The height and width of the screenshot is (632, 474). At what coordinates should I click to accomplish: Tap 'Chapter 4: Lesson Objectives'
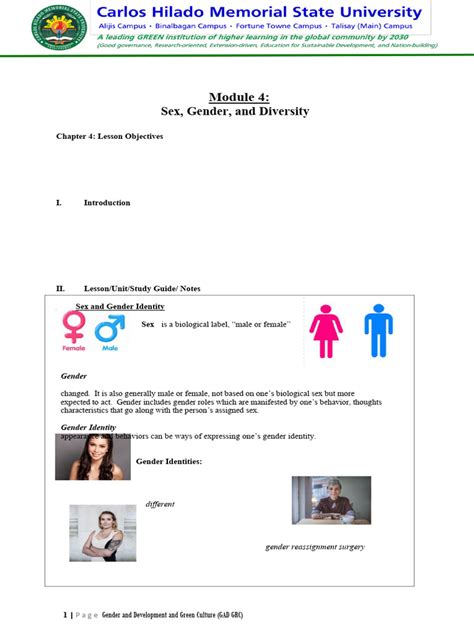click(109, 136)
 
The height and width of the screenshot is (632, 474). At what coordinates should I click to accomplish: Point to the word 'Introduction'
click(107, 203)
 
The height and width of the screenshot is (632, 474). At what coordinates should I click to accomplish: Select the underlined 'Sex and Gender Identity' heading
click(120, 306)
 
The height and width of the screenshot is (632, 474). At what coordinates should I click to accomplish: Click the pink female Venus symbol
click(74, 328)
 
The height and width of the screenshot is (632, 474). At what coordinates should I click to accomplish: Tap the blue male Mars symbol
click(108, 330)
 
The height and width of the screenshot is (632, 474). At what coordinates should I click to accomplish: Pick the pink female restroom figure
click(326, 331)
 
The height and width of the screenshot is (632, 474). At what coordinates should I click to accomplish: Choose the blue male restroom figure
click(378, 331)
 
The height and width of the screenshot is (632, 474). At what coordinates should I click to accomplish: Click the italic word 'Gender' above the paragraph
click(74, 376)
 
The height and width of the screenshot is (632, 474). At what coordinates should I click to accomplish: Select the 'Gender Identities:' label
click(170, 461)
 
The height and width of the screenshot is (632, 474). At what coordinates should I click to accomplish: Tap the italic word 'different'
click(160, 504)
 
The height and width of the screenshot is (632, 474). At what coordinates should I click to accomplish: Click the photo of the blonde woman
click(102, 532)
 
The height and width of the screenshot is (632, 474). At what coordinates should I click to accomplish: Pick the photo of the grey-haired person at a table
click(331, 500)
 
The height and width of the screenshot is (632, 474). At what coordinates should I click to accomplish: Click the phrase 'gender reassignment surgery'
click(314, 547)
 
